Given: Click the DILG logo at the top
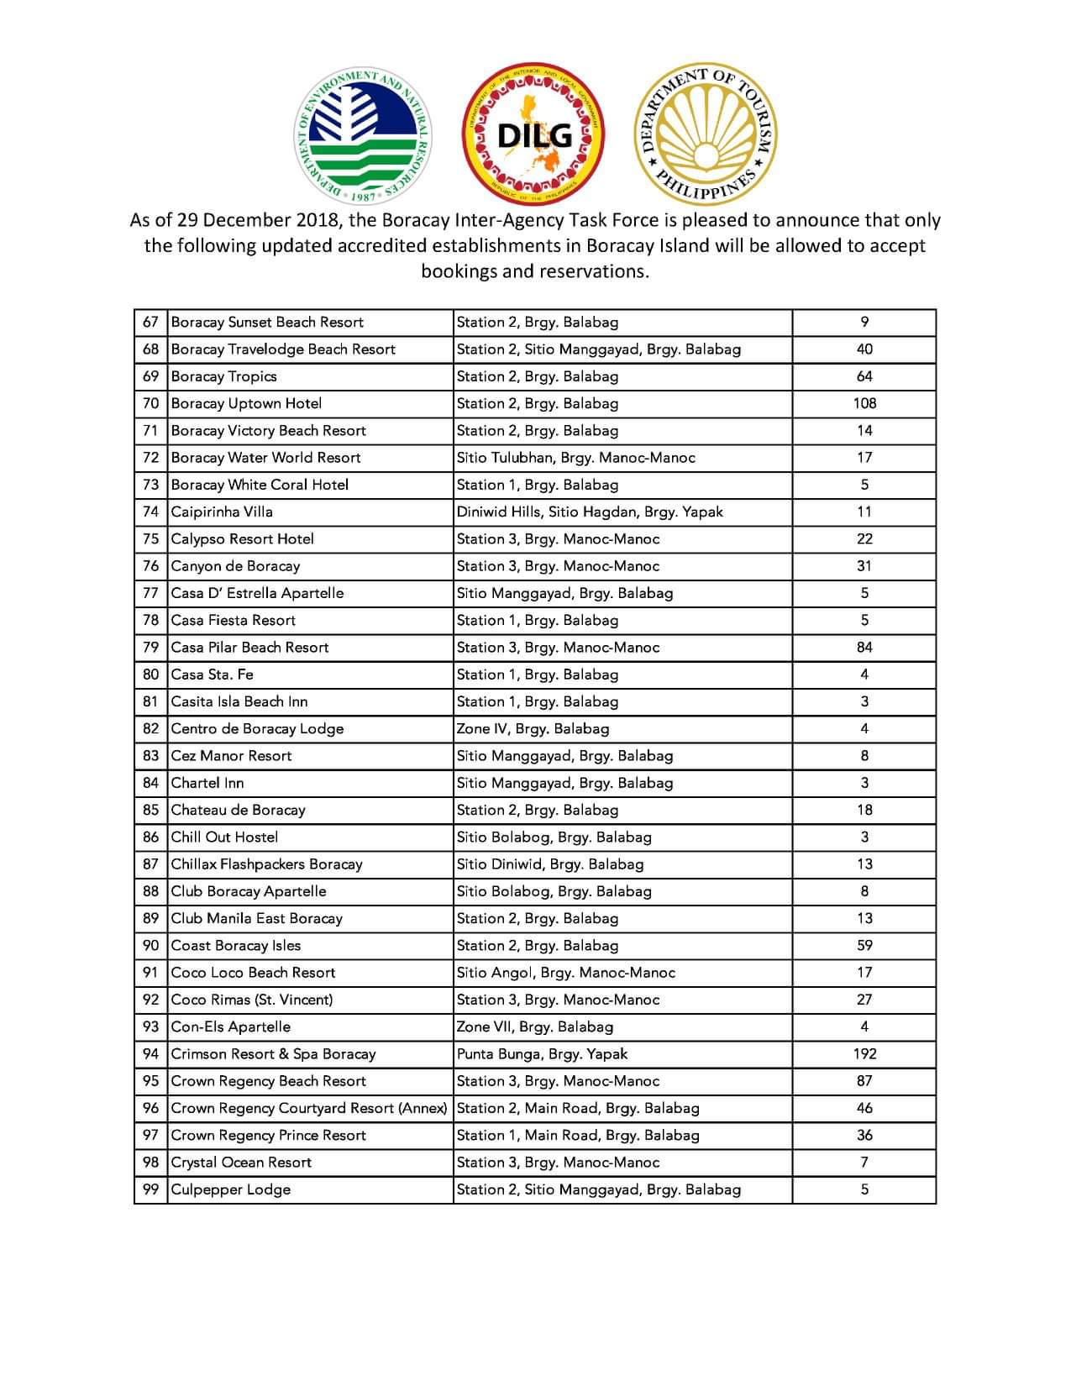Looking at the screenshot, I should pos(534,134).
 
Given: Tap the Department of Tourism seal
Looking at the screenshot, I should pos(705,134).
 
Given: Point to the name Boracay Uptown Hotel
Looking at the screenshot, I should pos(246,403).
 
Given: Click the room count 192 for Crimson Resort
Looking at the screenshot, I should pos(864,1053).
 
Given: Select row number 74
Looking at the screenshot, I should pos(150,512).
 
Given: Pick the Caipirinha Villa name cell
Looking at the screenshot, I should pos(222,512).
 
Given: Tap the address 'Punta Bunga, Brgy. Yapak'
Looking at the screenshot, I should pos(542,1053).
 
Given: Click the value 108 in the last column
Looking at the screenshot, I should pos(864,403).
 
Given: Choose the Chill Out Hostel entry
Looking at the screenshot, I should pos(224,837).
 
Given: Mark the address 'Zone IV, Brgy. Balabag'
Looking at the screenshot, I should pos(533,728).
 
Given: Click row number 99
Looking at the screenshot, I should pos(150,1189).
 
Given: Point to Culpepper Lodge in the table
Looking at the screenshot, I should pos(231,1189).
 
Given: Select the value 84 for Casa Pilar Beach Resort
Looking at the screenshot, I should pos(864,647).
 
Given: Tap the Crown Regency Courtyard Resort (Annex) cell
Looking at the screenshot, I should pos(308,1108).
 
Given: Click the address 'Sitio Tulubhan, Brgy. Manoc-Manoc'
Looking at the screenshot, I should pos(576,458).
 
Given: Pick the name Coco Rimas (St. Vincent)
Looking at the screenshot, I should pos(252,1000).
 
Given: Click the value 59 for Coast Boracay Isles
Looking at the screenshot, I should pos(864,945).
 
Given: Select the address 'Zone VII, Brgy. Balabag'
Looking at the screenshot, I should pos(535,1026).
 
